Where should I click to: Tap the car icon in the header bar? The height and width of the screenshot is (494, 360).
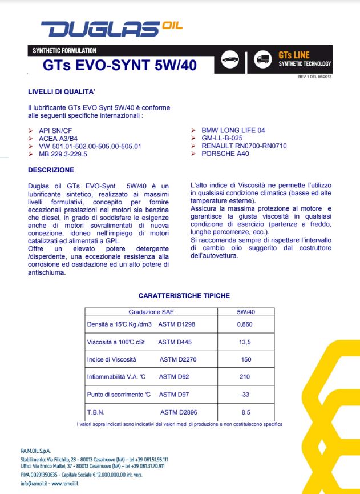230,61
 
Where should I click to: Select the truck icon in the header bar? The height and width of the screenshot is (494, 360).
262,61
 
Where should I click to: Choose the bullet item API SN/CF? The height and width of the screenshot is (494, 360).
55,131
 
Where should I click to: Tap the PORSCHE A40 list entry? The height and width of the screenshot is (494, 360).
223,154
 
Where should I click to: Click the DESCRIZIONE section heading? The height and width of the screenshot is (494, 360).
51,170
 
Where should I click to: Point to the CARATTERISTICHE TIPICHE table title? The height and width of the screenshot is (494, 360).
184,296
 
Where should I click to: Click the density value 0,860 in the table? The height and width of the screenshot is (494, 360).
245,324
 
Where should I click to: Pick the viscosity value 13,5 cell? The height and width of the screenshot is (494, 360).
245,342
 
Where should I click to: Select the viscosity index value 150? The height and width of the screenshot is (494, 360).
245,359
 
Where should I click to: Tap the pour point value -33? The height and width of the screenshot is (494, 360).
245,394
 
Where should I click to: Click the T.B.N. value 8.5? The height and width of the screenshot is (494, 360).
245,412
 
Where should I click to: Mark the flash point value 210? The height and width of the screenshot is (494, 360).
245,377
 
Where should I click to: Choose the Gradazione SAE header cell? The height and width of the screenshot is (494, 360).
151,312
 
